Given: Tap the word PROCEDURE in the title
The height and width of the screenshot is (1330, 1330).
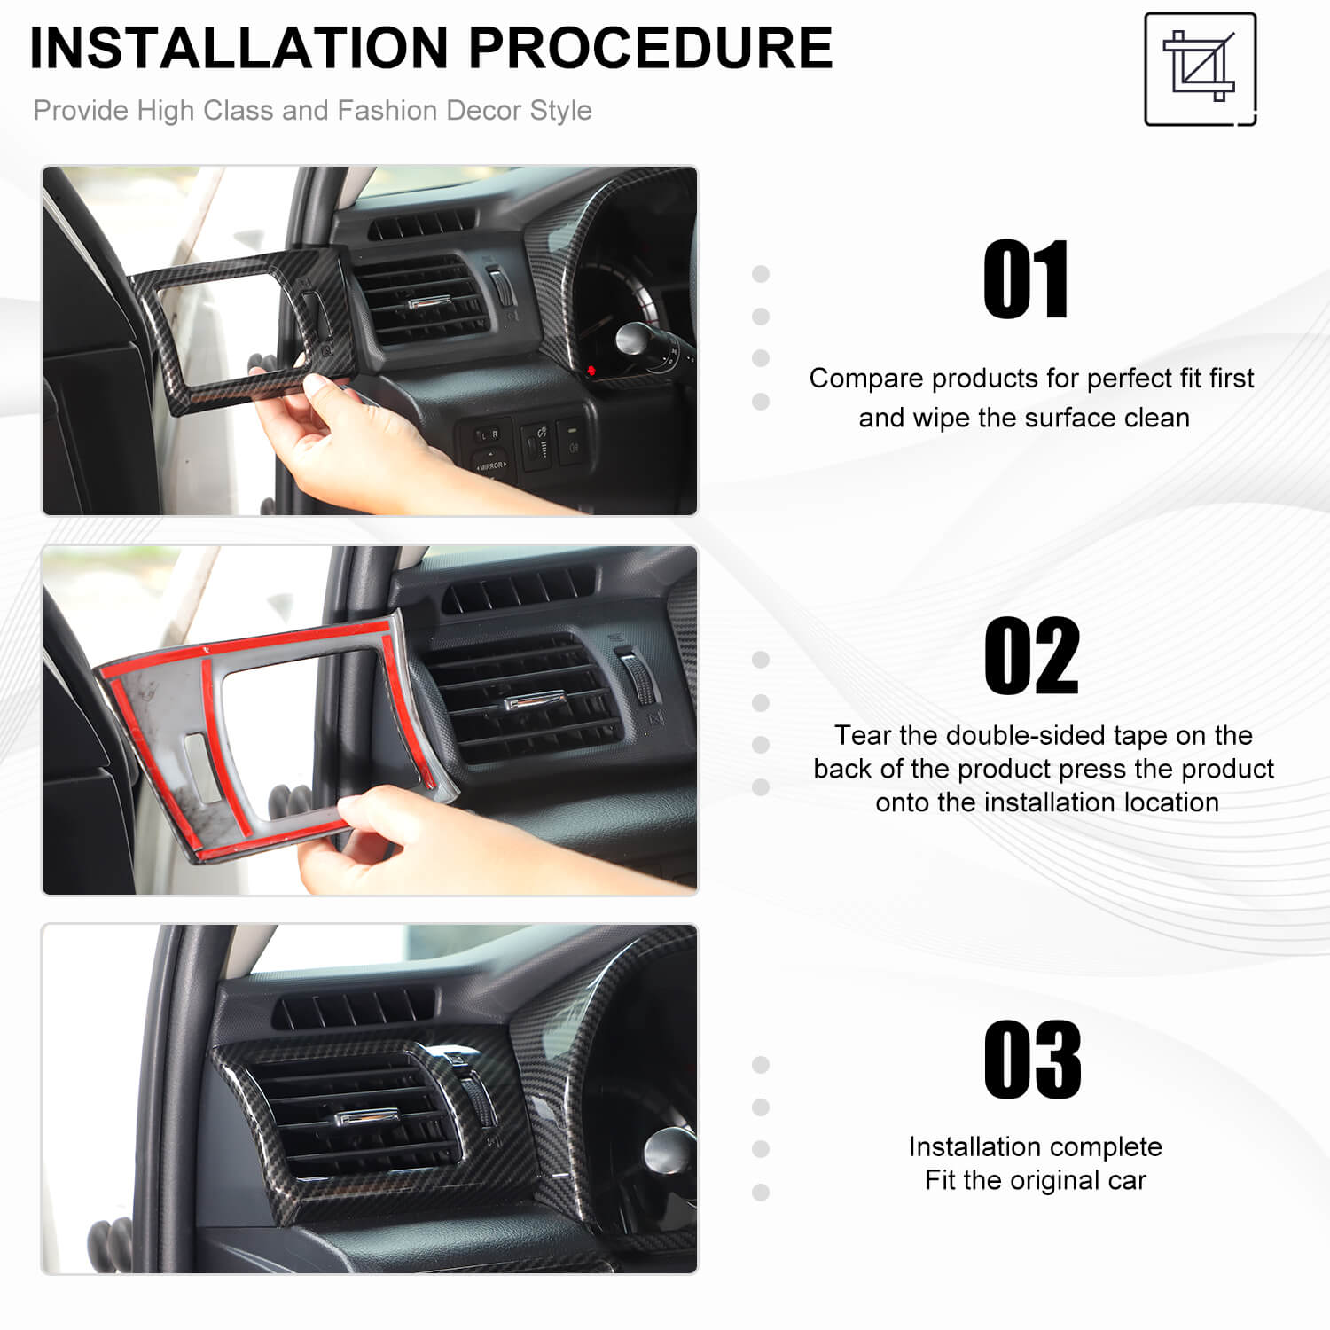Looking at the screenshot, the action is [651, 48].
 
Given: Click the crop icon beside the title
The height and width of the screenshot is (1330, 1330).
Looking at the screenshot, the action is [1201, 69].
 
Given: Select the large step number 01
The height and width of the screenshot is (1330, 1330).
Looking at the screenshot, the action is [1027, 279].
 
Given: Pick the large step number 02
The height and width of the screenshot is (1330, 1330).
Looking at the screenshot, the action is [1032, 656].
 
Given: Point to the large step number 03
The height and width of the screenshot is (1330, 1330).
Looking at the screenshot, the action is [1033, 1060].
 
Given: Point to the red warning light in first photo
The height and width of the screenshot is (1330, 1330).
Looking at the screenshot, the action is [590, 370].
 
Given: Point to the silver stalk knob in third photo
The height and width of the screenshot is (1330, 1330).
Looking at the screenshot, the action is [670, 1150].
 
